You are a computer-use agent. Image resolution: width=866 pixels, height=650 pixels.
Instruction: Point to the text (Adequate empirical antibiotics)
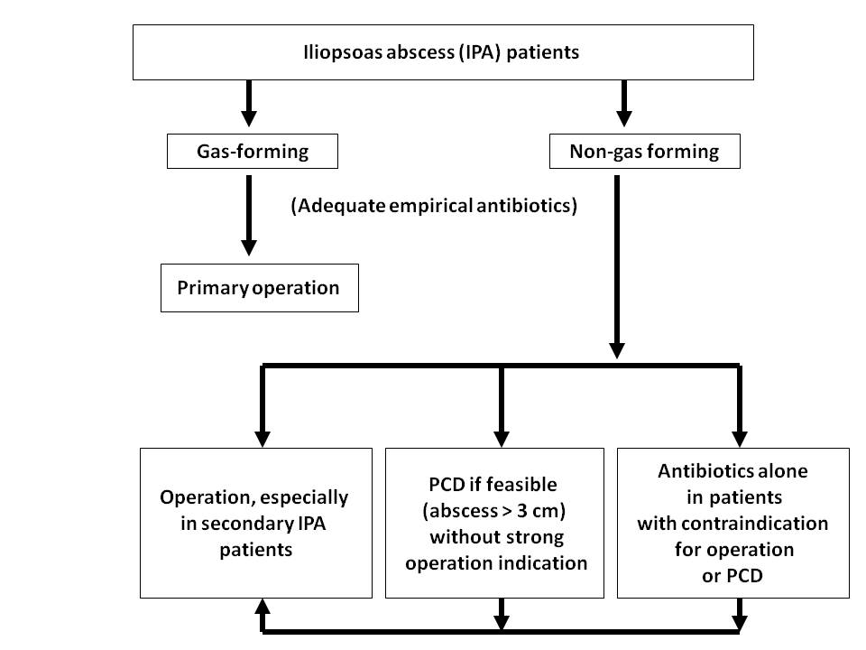(434, 206)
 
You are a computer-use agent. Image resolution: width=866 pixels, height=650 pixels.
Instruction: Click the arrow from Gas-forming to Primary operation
(249, 216)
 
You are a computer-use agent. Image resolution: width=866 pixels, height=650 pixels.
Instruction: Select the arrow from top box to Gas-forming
(249, 103)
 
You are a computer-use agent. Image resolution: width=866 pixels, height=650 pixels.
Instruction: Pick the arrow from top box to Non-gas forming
(624, 103)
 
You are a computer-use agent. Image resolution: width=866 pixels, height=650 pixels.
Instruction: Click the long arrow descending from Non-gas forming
(617, 267)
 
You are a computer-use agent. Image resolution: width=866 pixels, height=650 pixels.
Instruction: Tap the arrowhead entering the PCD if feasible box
(501, 439)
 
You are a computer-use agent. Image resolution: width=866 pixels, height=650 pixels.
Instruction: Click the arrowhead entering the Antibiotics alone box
(739, 439)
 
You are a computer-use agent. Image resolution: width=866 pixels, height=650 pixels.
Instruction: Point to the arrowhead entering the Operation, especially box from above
(263, 439)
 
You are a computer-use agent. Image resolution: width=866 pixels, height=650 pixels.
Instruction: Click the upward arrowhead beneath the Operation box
(263, 607)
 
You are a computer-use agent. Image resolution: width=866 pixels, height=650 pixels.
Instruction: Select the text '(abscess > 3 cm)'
(494, 511)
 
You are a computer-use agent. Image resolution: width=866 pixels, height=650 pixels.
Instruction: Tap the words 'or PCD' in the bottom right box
(732, 576)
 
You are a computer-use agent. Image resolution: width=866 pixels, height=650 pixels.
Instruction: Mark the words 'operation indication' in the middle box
(496, 563)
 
